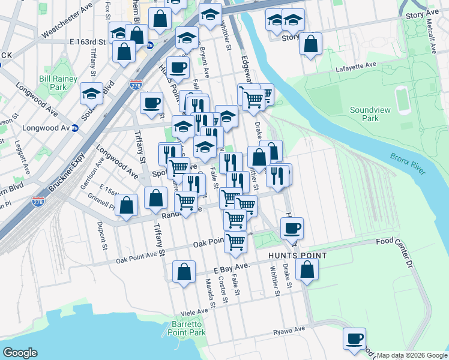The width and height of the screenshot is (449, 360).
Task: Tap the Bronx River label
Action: [408, 164]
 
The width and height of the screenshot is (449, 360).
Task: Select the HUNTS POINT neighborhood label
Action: [297, 256]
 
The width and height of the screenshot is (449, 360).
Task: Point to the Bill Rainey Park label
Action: [58, 83]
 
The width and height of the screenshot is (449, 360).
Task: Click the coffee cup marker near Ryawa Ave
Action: [354, 338]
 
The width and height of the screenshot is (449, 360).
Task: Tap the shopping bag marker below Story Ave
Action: [311, 44]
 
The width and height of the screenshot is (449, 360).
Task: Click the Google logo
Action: [20, 353]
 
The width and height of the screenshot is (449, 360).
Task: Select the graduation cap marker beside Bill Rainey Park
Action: [92, 94]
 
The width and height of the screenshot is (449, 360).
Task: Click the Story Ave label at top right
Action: [423, 14]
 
